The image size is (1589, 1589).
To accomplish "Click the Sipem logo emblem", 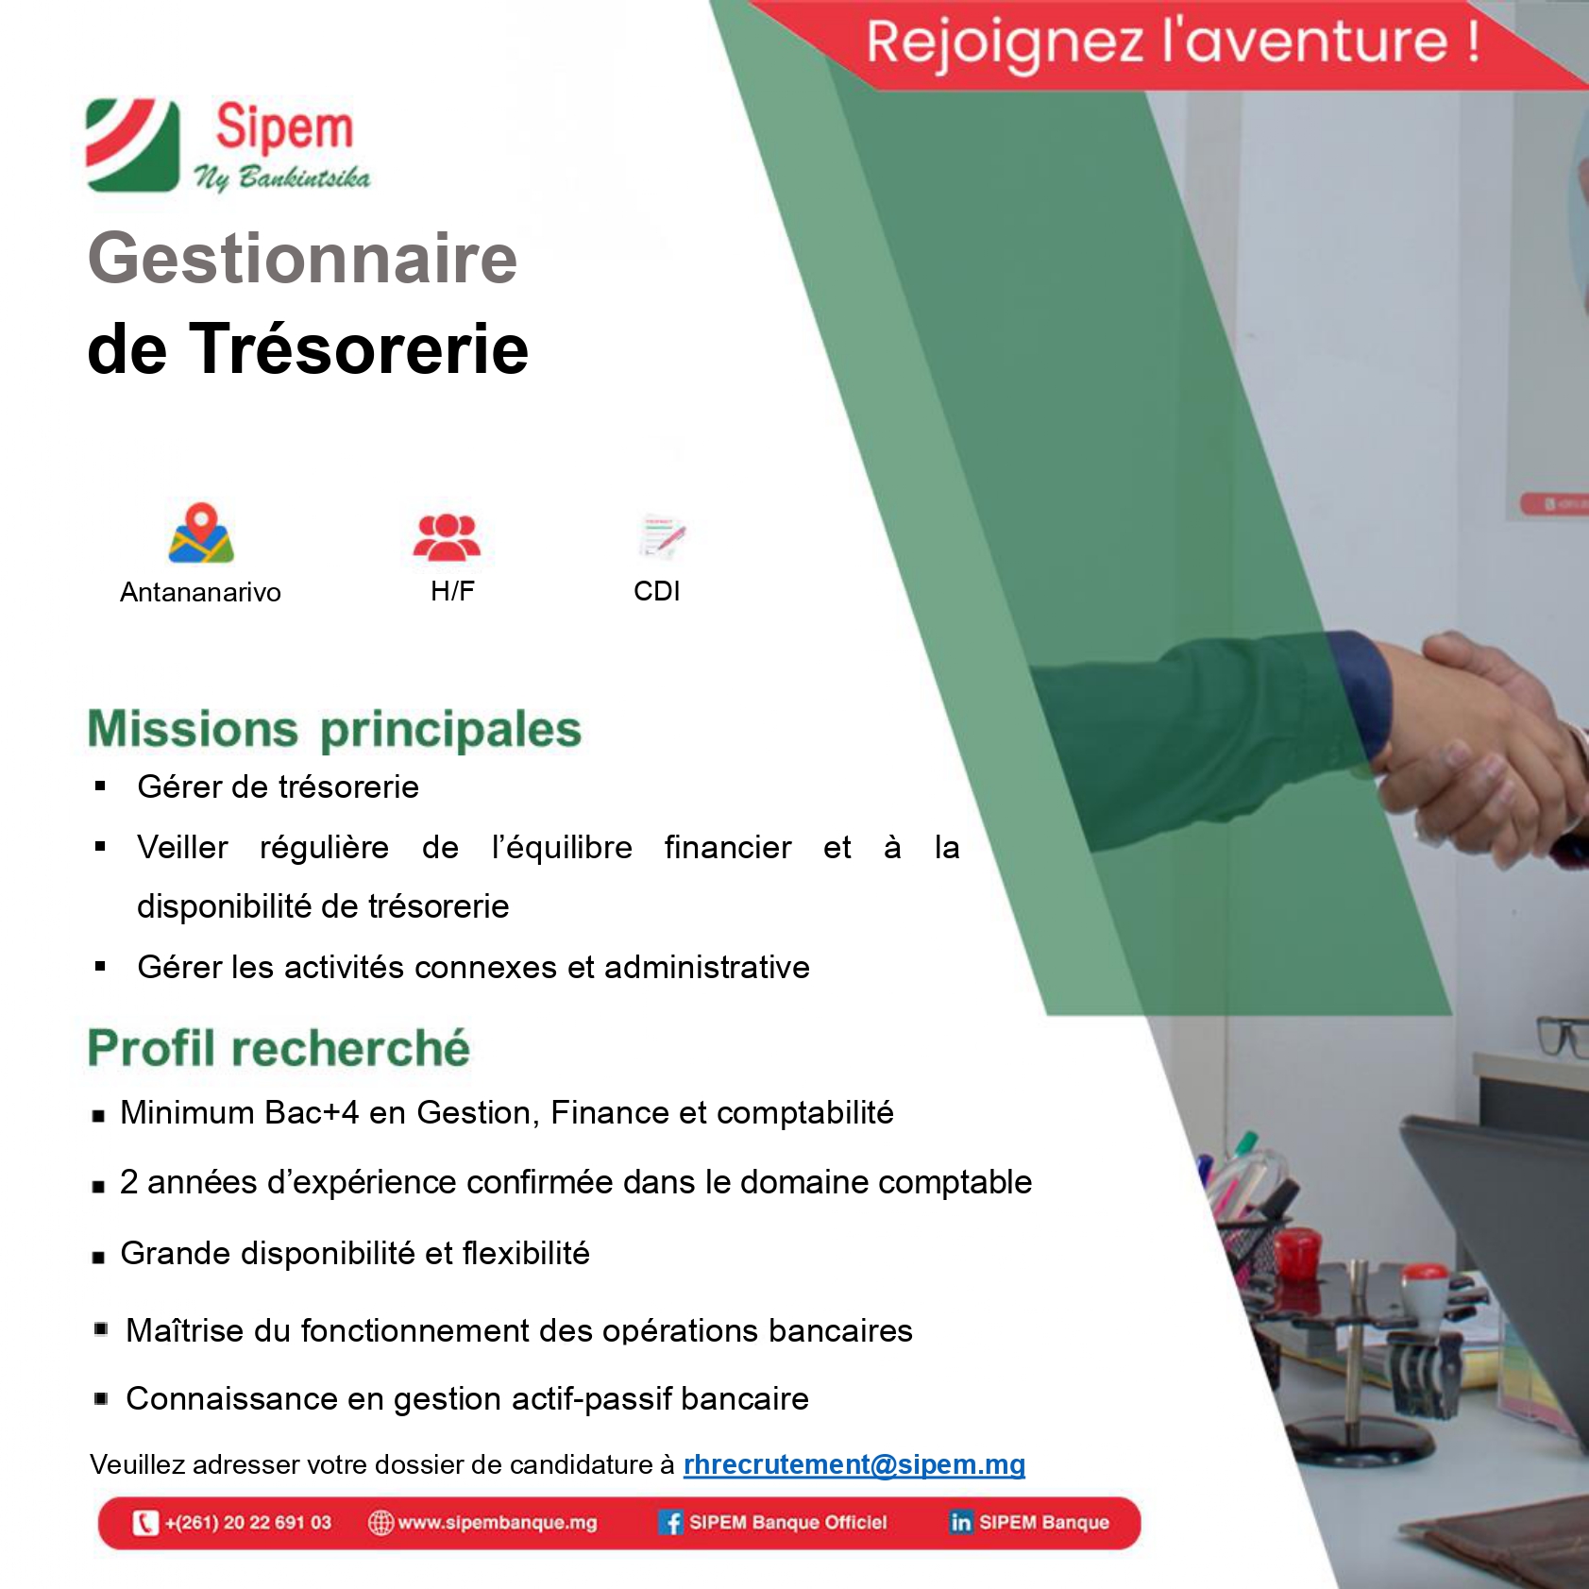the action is click(x=132, y=145).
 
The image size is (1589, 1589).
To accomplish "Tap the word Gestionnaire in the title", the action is click(x=302, y=260).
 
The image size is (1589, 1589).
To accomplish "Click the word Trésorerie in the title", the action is click(x=362, y=348).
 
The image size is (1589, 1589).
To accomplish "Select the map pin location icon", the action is click(x=200, y=532).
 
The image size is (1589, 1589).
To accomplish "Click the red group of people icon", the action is click(x=448, y=537).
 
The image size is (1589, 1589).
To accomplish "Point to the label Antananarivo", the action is click(x=200, y=592).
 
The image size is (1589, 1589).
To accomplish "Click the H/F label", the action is click(x=452, y=591).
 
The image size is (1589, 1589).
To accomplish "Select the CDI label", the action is click(x=657, y=591).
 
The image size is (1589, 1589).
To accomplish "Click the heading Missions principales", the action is click(x=334, y=730).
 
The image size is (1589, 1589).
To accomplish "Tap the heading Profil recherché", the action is click(x=279, y=1048).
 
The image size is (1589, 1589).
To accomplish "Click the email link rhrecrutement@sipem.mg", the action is click(x=854, y=1464).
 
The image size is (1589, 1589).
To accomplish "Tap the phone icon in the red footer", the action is click(x=145, y=1523).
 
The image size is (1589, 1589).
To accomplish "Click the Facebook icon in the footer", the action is click(x=670, y=1523).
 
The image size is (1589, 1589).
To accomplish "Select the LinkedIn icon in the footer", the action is click(x=960, y=1522).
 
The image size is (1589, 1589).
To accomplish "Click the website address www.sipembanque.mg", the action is click(x=498, y=1523).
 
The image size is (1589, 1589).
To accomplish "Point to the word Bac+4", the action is click(x=312, y=1112).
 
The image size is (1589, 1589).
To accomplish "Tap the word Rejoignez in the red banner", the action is click(x=1005, y=43).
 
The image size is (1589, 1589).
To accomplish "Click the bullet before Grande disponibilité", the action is click(x=98, y=1258).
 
